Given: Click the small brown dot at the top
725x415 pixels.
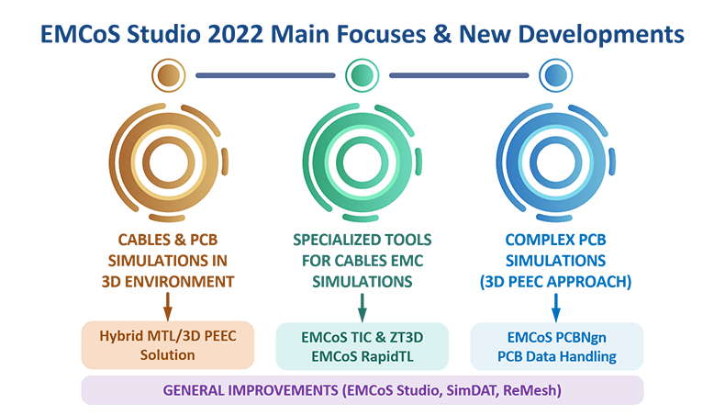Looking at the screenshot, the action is click(x=168, y=75).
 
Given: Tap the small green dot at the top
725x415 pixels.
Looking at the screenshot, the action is click(x=362, y=75).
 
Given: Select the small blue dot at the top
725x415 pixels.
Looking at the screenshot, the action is click(x=556, y=75).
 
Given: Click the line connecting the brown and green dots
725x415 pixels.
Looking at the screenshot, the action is click(x=265, y=75).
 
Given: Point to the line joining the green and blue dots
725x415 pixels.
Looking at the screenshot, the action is click(x=459, y=75).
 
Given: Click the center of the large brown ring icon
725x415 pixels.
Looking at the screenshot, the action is click(x=168, y=163).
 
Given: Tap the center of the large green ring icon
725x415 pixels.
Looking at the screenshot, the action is click(x=362, y=163).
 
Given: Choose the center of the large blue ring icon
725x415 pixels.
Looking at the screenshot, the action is click(x=556, y=163).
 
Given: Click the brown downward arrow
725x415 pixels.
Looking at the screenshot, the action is click(x=168, y=307).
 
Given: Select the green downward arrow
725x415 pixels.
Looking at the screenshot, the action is click(x=362, y=308).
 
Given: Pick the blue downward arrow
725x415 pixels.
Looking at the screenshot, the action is click(x=556, y=308).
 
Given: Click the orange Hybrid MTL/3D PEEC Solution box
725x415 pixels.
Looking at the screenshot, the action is click(x=168, y=345).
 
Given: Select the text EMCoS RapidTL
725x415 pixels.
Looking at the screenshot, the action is click(x=362, y=357).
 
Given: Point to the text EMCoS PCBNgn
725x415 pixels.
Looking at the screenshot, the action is click(x=557, y=338).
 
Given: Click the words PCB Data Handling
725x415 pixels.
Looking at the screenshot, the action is click(x=557, y=357).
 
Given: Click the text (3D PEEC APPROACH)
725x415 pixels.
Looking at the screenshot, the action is click(x=556, y=282).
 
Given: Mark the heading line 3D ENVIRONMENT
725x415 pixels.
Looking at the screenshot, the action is click(x=168, y=282).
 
